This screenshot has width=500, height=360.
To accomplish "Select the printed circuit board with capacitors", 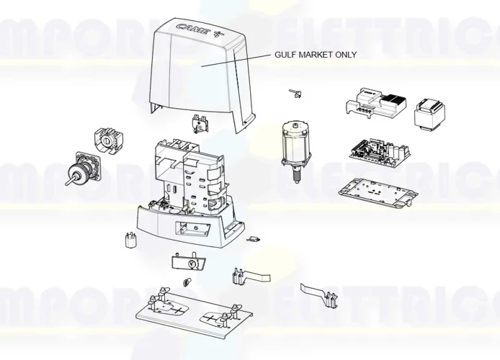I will click(380, 150).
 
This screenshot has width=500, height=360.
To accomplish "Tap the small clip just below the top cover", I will click(198, 123).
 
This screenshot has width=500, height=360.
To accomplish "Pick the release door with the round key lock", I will click(188, 260).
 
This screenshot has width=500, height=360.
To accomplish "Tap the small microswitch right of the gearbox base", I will click(253, 239).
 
